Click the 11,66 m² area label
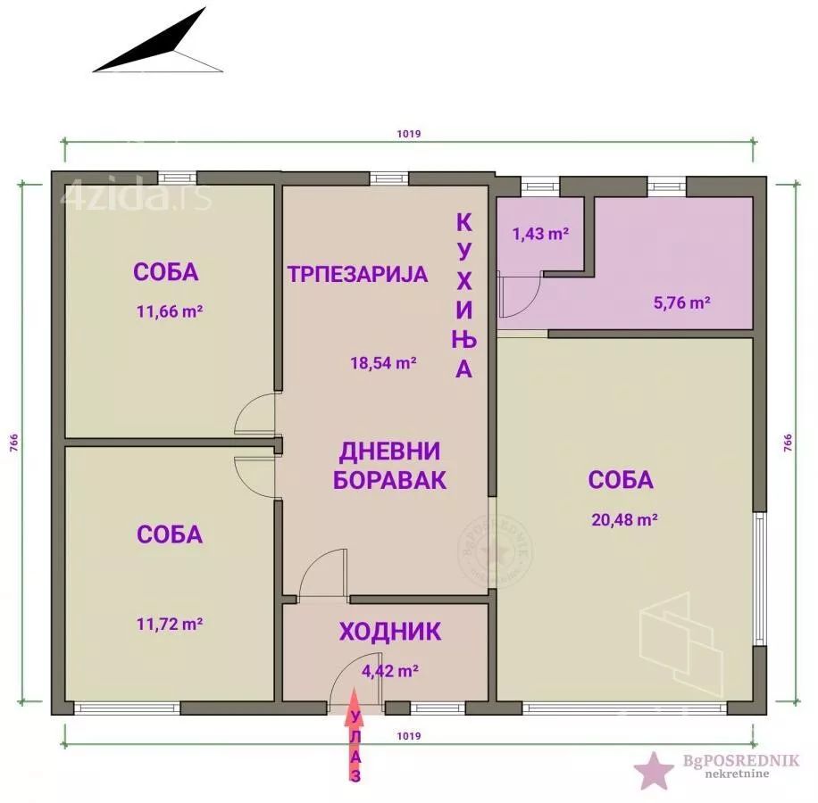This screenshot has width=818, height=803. (166, 312)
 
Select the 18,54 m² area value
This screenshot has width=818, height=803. (383, 363)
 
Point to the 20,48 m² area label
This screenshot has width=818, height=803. (625, 519)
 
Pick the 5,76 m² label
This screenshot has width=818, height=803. (681, 302)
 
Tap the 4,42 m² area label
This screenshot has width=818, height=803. (390, 669)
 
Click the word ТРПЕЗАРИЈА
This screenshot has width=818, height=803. (357, 274)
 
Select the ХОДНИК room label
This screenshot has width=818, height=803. (390, 632)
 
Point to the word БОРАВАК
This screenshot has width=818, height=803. (389, 480)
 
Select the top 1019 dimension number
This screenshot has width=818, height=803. (408, 134)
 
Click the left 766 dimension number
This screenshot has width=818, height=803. (13, 443)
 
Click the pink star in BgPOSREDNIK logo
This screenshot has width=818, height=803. (654, 769)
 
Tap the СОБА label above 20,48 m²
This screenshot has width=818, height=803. (621, 480)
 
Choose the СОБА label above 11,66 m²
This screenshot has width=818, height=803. (166, 272)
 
